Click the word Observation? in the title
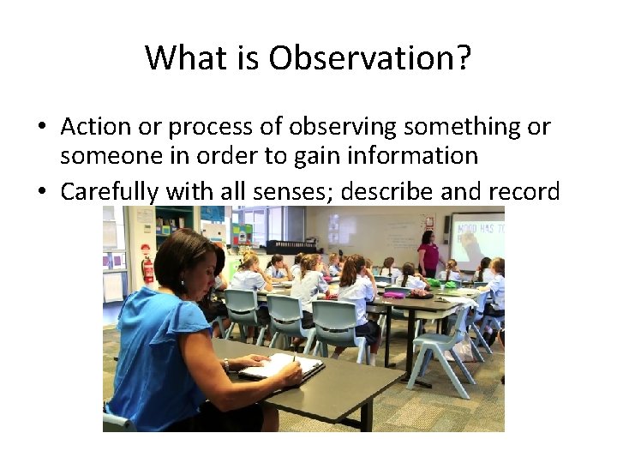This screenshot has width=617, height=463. [x=369, y=58]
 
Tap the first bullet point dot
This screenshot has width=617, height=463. [x=41, y=128]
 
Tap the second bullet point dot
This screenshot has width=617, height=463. [x=41, y=191]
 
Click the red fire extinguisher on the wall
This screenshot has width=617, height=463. [x=148, y=268]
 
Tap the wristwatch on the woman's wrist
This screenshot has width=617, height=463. [x=226, y=364]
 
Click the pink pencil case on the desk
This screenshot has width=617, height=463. [x=393, y=294]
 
